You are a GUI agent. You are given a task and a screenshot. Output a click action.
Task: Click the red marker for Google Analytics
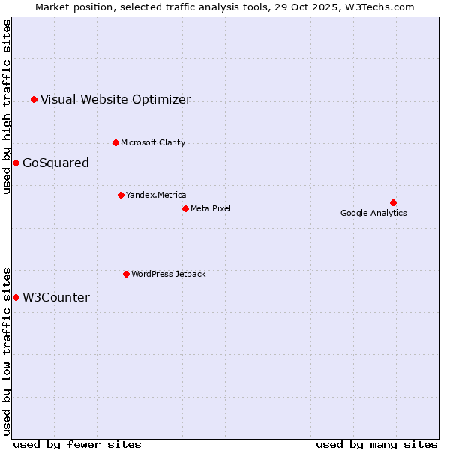coord(393,202)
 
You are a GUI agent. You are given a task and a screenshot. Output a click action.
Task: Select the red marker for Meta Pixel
coord(185,208)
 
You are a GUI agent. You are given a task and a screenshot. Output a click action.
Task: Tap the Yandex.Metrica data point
coord(121,195)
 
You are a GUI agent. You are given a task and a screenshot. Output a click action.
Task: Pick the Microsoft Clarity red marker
coord(115,142)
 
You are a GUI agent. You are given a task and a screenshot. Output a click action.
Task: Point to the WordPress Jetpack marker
coord(126,274)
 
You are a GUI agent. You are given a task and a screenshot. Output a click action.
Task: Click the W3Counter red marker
coord(16,298)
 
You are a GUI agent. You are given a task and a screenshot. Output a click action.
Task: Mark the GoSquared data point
coord(16,163)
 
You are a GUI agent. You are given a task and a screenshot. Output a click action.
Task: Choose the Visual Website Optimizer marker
coord(34,99)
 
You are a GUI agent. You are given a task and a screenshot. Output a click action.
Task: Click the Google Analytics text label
coord(373,213)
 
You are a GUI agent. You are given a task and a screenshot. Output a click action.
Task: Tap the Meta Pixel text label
coord(211,208)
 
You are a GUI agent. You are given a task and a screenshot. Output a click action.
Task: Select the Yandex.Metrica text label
coord(156,195)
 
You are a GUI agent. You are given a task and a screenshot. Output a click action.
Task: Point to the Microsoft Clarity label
coord(153,142)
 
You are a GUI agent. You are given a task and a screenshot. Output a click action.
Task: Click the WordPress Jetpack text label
coord(168,274)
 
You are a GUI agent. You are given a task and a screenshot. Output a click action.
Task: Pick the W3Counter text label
coord(56,298)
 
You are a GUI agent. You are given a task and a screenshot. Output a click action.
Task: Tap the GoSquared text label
coord(55,163)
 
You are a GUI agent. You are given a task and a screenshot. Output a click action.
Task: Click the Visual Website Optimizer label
coord(115,99)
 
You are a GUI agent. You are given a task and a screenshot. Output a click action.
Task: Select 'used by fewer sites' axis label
coord(77,444)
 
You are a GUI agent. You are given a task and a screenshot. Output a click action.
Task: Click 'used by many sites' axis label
coord(376,444)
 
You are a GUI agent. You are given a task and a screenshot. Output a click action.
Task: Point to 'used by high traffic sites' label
coord(7,107)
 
